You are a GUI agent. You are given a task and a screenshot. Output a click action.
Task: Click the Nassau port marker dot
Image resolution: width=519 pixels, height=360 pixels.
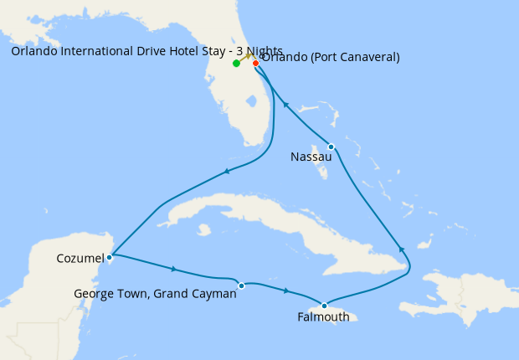(331, 147)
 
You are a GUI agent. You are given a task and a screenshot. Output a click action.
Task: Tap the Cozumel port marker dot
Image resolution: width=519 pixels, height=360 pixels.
(110, 257)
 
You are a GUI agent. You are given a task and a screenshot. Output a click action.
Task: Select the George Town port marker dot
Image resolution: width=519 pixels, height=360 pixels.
(241, 285)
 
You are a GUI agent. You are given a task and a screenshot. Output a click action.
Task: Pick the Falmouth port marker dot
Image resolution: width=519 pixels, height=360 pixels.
(324, 306)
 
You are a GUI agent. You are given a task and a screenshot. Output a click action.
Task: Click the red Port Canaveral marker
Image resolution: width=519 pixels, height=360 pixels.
(255, 63)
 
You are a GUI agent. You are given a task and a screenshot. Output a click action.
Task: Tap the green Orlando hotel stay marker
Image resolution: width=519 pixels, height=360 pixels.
(237, 63)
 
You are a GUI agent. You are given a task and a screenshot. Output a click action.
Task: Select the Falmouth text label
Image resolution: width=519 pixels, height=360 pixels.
(323, 317)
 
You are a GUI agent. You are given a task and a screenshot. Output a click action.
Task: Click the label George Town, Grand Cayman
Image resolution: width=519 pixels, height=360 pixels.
(155, 294)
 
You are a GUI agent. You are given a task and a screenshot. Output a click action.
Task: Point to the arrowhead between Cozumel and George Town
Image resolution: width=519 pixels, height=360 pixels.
(173, 269)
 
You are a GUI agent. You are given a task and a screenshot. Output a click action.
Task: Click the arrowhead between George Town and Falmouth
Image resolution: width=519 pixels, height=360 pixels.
(286, 291)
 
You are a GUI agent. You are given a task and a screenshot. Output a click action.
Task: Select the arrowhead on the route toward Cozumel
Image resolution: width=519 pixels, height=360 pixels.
(225, 172)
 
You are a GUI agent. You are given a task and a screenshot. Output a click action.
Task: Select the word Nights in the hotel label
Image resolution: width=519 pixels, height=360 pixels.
(264, 51)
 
